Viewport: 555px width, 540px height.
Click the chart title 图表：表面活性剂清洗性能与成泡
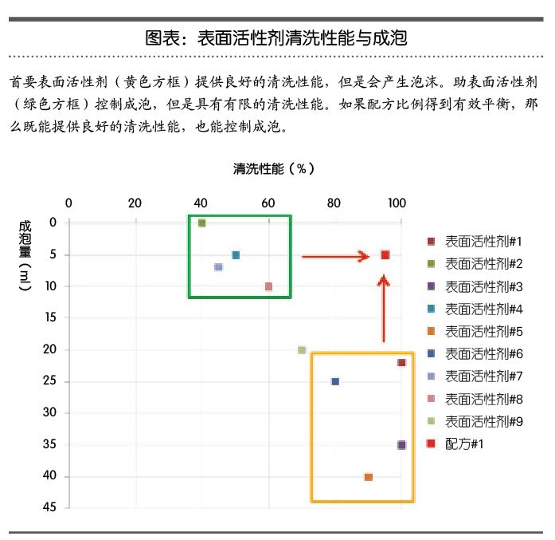click(x=276, y=37)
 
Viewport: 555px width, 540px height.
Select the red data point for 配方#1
click(x=385, y=254)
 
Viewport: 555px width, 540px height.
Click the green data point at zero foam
click(x=202, y=223)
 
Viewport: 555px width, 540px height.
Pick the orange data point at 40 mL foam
click(x=368, y=477)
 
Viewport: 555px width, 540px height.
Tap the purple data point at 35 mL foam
click(x=401, y=445)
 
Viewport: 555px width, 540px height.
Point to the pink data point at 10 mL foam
click(x=269, y=286)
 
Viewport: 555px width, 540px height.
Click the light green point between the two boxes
click(x=302, y=350)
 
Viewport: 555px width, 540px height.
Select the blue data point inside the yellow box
click(x=335, y=381)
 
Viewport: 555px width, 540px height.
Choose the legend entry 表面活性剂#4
click(x=483, y=308)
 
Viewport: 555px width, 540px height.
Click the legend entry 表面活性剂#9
click(x=483, y=420)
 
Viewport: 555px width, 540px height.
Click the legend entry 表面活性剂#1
click(x=483, y=241)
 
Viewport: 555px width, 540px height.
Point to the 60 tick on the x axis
click(x=269, y=203)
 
